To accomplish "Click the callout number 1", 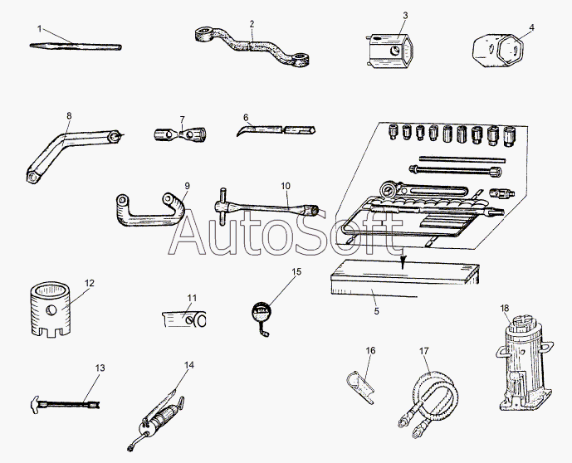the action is click(39, 28).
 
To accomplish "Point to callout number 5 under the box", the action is click(376, 311).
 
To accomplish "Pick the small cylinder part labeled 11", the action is click(187, 317).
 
